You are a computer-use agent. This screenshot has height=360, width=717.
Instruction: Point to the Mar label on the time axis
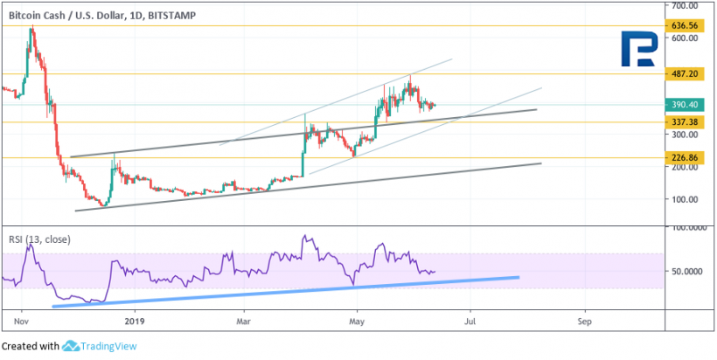click(x=246, y=321)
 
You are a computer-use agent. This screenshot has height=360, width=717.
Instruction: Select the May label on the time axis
click(x=357, y=321)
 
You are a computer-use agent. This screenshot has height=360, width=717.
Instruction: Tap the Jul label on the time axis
click(x=470, y=321)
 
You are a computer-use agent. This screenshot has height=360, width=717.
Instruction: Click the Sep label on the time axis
click(x=585, y=321)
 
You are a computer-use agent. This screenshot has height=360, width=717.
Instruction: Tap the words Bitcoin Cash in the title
click(x=36, y=14)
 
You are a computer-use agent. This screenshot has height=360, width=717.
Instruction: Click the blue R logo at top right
click(x=642, y=50)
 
